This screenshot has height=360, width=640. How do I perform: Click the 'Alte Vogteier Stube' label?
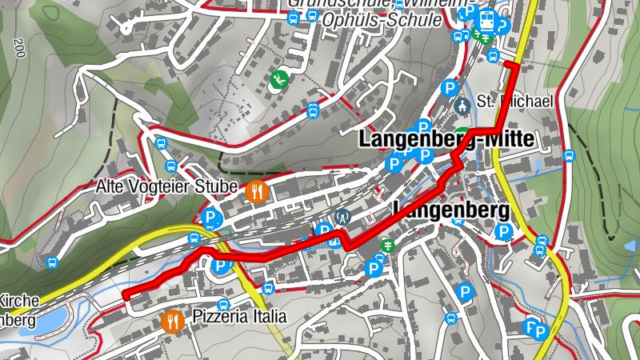pos(166,187)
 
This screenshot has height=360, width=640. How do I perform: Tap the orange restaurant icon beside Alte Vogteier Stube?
pos(257,190)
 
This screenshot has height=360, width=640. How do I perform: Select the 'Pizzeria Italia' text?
pos(238,316)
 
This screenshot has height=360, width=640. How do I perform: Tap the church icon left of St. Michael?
pos(461,106)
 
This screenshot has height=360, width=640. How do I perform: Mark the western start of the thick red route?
pos(126,294)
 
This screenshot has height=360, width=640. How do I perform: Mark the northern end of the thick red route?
pos(507,63)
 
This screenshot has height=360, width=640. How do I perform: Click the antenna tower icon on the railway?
pos(343,215)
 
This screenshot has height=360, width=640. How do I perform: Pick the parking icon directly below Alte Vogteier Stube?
pos(210,217)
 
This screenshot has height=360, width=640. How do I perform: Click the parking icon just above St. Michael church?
pos(450,86)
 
